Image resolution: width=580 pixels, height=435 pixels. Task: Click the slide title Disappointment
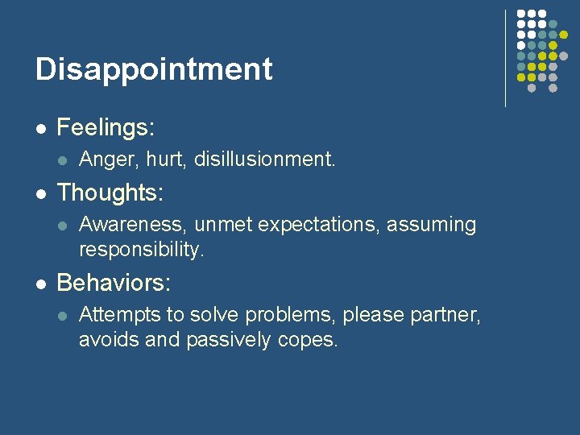[x=154, y=69]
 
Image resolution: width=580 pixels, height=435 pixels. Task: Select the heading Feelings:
[x=106, y=127]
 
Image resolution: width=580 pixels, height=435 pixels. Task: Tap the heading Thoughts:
[x=110, y=193]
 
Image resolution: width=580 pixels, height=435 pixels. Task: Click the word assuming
[x=432, y=226]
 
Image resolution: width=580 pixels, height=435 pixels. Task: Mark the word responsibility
[x=142, y=250]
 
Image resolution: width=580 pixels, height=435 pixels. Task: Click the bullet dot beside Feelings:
[x=40, y=128]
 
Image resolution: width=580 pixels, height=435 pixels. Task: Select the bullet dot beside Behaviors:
[x=40, y=284]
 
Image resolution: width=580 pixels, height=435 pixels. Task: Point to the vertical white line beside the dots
[x=505, y=58]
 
